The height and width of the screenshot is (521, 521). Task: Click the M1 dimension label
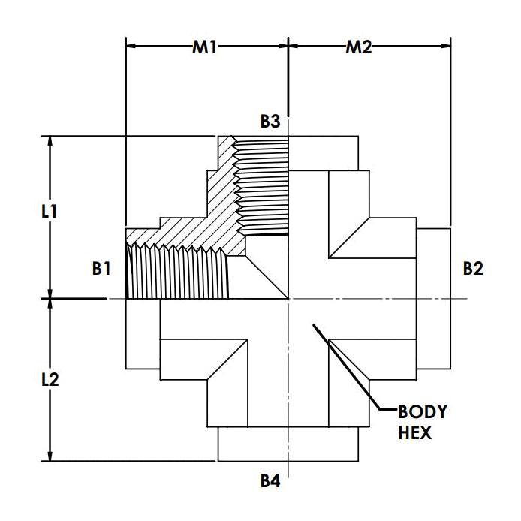[204, 47]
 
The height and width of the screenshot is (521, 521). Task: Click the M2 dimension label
[359, 47]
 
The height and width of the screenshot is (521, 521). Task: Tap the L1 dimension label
[50, 211]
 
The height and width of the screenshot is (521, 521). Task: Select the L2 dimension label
[50, 379]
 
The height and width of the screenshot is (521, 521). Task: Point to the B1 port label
[101, 269]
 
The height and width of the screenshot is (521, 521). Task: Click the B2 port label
[473, 269]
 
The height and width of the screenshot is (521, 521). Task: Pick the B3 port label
[270, 122]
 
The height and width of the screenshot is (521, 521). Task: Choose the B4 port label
[270, 480]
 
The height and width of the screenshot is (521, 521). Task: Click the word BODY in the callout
[423, 412]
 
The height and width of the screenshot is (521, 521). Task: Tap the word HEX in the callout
[414, 433]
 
